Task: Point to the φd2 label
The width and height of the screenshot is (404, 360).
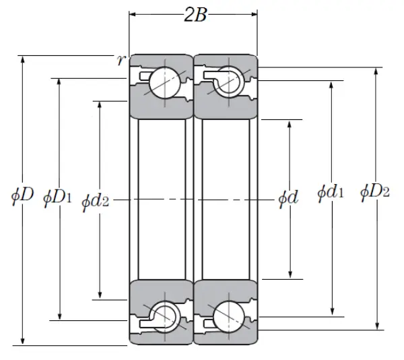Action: [x=96, y=200]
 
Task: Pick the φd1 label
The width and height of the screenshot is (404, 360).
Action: [x=331, y=193]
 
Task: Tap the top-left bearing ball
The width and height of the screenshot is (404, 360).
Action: [x=164, y=82]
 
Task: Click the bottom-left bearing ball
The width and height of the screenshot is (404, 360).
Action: [x=164, y=316]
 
